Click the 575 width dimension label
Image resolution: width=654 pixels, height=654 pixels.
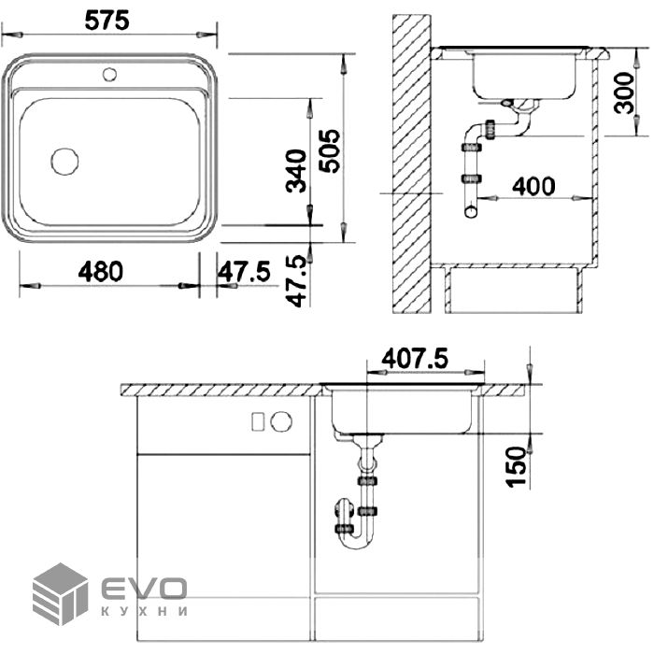(x=107, y=21)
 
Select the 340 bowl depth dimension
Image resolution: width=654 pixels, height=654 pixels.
(x=296, y=171)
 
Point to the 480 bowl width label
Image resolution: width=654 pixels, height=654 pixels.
(x=101, y=272)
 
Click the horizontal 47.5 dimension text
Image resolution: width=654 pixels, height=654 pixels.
(x=244, y=272)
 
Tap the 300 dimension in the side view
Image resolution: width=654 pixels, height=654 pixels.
(x=624, y=92)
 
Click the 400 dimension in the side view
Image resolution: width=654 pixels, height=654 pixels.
(x=533, y=187)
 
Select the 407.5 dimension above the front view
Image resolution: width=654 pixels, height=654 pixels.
(x=415, y=359)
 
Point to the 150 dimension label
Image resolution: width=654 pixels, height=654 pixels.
(x=517, y=466)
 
